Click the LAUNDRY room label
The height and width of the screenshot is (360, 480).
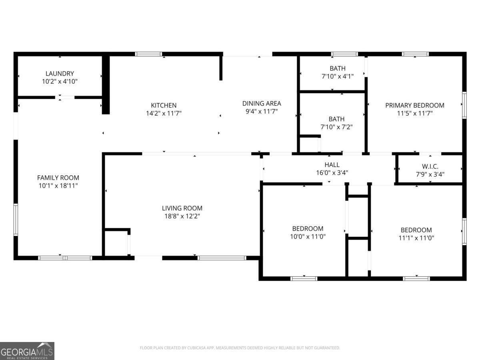click(60, 74)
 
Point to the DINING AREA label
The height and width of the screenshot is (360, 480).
click(263, 104)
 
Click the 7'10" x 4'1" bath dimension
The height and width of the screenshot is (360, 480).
click(337, 76)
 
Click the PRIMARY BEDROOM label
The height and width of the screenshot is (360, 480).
click(414, 106)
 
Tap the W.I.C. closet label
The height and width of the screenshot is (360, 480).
click(430, 166)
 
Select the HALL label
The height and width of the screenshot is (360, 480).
click(332, 165)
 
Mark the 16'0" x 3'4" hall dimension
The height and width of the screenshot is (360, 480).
click(332, 173)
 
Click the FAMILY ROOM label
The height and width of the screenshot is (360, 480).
click(58, 178)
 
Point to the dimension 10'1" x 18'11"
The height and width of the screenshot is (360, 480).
click(58, 186)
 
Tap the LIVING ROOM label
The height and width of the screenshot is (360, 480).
click(182, 208)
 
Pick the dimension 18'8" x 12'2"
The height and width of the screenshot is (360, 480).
click(182, 216)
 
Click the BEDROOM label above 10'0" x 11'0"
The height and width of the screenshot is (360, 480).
click(308, 228)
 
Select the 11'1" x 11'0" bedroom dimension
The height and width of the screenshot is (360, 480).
click(416, 238)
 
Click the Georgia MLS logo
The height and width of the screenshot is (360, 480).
click(27, 351)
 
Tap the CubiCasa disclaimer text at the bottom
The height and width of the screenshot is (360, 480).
click(240, 348)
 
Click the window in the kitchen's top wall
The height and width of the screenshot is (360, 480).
click(148, 54)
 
